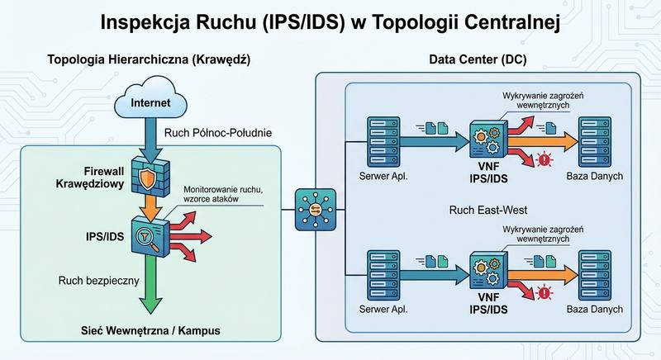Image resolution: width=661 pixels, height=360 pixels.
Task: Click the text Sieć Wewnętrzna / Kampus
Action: (148, 331)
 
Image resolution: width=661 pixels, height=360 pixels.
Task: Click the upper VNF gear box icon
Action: (487, 139)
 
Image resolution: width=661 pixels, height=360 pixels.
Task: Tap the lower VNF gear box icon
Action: (487, 272)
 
